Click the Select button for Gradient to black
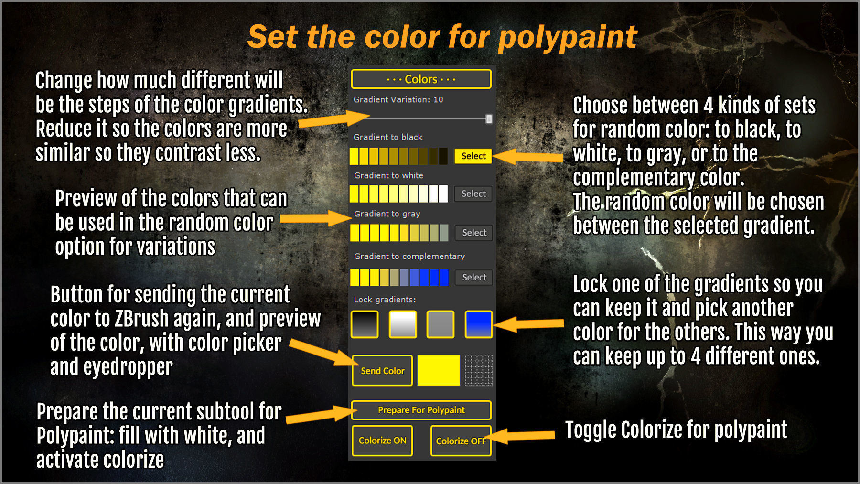473,156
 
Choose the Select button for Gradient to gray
473,233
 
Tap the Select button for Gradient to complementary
473,277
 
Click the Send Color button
382,371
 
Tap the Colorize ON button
382,441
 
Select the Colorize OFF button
461,441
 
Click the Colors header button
421,79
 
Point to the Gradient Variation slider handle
489,119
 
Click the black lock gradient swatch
365,324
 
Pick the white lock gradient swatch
402,324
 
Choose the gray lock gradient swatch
440,324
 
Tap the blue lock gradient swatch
478,324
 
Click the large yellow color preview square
439,370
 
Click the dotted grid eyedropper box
479,370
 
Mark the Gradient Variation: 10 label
398,99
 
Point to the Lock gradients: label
385,300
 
